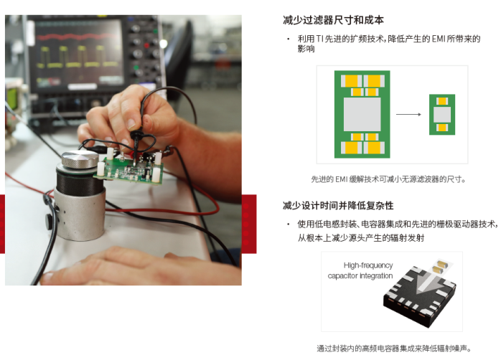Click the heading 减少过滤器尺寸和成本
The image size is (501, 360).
click(333, 20)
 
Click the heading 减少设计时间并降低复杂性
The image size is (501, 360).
click(338, 206)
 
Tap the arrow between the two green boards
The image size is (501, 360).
click(408, 114)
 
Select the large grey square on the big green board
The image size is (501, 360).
click(362, 114)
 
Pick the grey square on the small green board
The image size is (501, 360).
click(442, 115)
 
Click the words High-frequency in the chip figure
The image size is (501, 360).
click(368, 265)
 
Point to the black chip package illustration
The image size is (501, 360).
click(420, 296)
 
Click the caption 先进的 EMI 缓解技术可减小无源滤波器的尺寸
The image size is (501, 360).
click(388, 179)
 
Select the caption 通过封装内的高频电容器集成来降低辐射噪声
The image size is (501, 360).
click(393, 349)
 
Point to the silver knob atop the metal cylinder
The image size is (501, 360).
click(80, 159)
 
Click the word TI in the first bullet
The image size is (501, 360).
click(319, 39)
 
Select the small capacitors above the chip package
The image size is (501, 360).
click(441, 267)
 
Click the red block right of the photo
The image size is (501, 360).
click(249, 224)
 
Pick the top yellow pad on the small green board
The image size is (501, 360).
click(442, 102)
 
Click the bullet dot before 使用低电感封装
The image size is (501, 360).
click(289, 224)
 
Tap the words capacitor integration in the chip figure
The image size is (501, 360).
click(360, 276)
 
